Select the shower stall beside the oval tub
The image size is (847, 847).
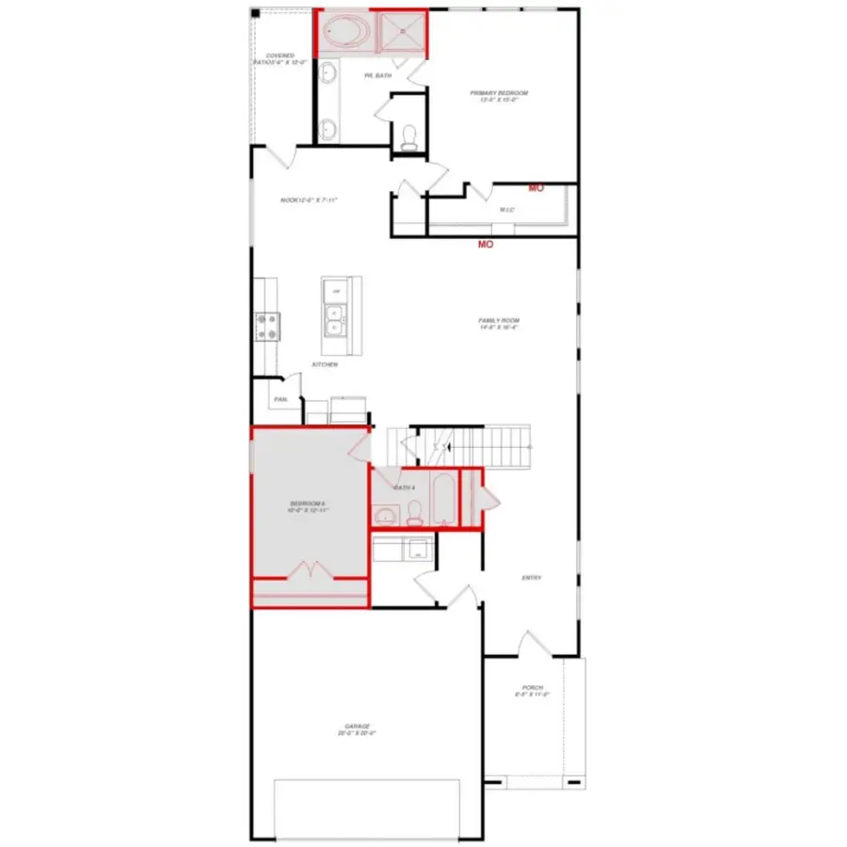[401, 34]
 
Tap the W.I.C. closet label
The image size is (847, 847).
[506, 209]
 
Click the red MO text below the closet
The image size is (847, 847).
[486, 245]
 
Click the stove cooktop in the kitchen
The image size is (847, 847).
[265, 326]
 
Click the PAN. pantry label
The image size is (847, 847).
[280, 400]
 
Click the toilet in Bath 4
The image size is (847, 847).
[414, 514]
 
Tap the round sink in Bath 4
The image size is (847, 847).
[383, 515]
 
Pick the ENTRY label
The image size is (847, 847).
[531, 578]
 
